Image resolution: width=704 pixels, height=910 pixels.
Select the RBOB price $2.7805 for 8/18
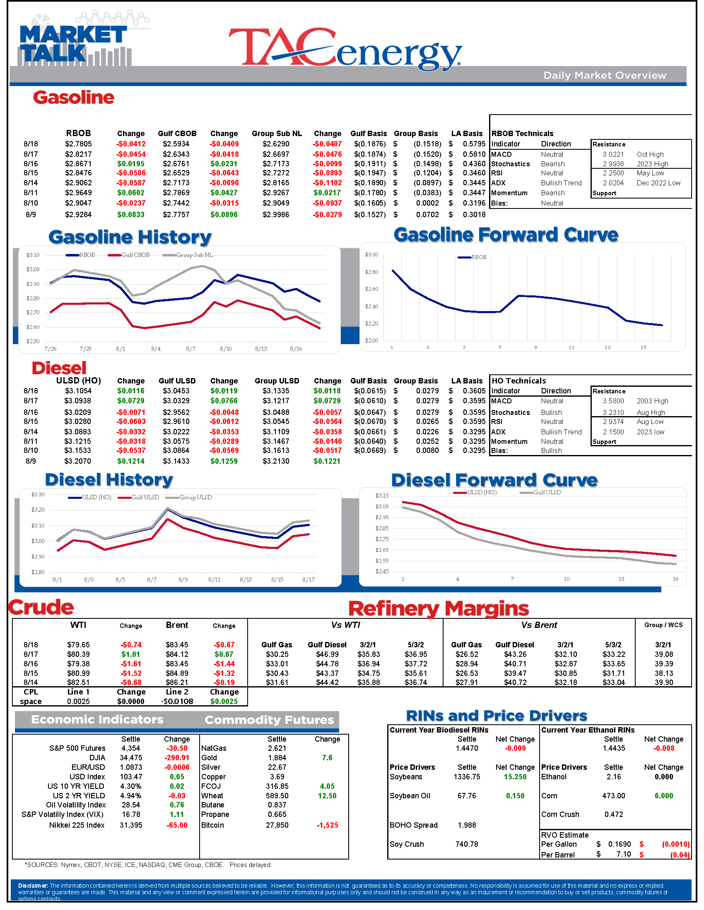pos(78,144)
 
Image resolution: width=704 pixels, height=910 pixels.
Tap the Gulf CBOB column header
pos(177,134)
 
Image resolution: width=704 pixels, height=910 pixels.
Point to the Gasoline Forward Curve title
pos(506,235)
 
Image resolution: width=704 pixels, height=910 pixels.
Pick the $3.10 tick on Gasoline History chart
pos(33,255)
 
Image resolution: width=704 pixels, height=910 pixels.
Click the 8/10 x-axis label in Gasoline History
pos(226,349)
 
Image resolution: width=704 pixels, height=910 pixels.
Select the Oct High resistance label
pos(650,155)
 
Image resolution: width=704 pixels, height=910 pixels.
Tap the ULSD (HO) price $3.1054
pos(78,391)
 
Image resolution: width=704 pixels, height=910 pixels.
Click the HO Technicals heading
pos(518,381)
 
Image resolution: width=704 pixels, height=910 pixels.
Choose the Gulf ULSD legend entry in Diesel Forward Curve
pos(547,493)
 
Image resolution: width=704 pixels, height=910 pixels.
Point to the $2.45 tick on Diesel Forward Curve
pos(382,571)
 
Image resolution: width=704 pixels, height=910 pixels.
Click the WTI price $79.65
pos(78,644)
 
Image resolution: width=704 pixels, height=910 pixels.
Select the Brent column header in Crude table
pos(177,625)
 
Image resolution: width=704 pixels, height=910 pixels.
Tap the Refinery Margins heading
pos(438,609)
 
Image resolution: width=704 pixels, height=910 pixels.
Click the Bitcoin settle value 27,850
pos(277,825)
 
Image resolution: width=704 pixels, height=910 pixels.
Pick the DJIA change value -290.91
pos(177,758)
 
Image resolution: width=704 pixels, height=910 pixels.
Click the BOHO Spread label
pos(413,825)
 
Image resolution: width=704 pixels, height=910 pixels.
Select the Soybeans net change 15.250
pos(515,777)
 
